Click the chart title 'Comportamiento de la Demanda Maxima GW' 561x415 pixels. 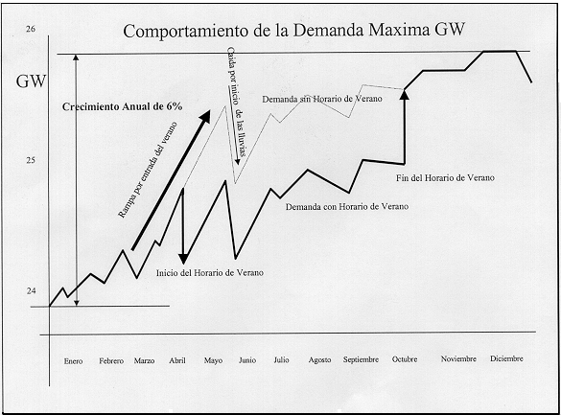click(x=293, y=31)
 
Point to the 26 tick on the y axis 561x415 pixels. click(x=31, y=29)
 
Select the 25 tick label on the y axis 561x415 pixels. click(x=31, y=160)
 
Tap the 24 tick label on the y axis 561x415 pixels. click(x=31, y=291)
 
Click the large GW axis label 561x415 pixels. click(x=31, y=81)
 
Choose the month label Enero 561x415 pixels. click(x=73, y=361)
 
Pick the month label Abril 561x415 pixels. click(x=177, y=360)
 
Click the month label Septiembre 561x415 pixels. click(x=361, y=359)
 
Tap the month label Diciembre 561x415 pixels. click(x=506, y=358)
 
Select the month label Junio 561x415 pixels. click(x=247, y=360)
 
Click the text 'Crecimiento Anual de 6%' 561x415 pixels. click(x=122, y=106)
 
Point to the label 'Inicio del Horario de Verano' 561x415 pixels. click(x=210, y=273)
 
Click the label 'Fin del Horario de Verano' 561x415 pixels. click(x=445, y=177)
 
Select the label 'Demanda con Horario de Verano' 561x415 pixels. click(x=347, y=207)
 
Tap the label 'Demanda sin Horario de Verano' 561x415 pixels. click(x=322, y=99)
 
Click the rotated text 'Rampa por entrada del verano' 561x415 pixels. click(x=148, y=170)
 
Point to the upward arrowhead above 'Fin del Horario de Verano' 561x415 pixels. click(x=405, y=94)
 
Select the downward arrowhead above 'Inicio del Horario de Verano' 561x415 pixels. click(x=183, y=259)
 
